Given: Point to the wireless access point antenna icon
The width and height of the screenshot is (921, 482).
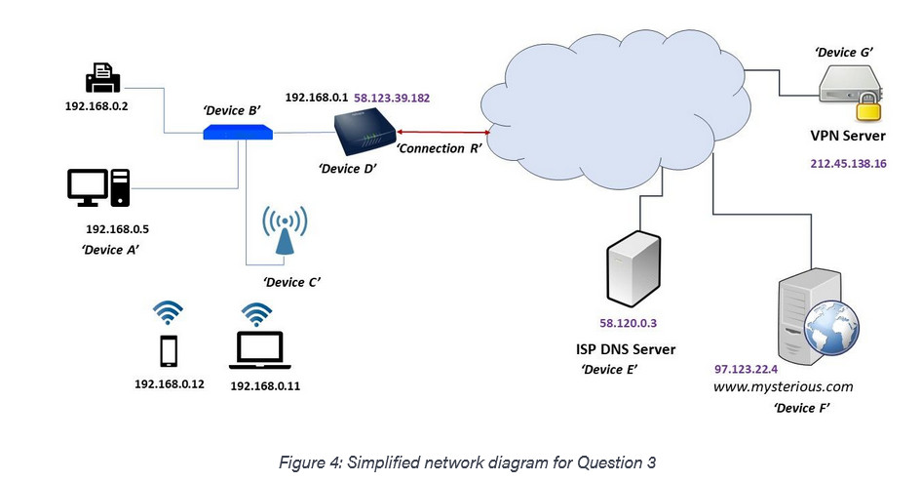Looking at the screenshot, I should click(x=285, y=230).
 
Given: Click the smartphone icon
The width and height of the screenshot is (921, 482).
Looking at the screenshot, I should click(x=169, y=350).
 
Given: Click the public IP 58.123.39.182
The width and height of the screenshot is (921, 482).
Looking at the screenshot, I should click(x=391, y=99).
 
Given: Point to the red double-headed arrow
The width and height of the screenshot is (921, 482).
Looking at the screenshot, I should click(x=441, y=132).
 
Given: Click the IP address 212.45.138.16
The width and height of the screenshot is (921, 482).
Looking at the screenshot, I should click(x=848, y=163).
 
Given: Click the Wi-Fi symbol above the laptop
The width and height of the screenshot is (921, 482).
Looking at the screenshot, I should click(x=257, y=313).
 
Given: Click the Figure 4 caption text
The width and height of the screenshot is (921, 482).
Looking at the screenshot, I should click(x=461, y=462).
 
